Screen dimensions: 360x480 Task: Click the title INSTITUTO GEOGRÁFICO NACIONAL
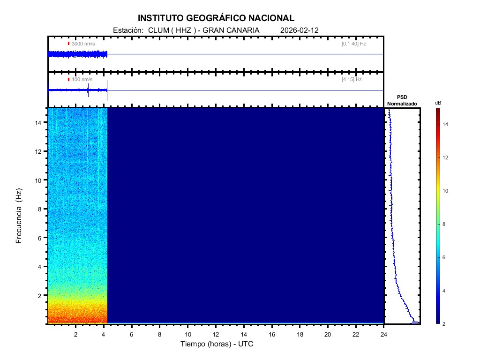(x=216, y=18)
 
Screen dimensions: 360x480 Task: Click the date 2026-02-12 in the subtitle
(x=299, y=30)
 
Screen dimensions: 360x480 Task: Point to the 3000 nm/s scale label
(x=83, y=44)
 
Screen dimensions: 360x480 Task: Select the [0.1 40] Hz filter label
(x=353, y=44)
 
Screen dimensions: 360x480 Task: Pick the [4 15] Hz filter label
(x=352, y=80)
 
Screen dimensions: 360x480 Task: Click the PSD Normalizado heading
(x=402, y=100)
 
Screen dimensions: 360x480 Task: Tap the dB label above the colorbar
(x=438, y=103)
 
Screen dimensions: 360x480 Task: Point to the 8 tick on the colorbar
(x=445, y=225)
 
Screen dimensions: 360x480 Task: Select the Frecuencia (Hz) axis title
(x=19, y=216)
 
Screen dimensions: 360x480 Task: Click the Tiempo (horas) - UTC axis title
(x=217, y=344)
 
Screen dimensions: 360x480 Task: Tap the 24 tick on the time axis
(x=384, y=334)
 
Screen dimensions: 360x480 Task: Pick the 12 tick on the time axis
(x=216, y=334)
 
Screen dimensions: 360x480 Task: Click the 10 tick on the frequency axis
(x=39, y=180)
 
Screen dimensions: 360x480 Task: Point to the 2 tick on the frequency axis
(x=41, y=295)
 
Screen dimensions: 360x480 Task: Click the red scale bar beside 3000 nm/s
(x=68, y=44)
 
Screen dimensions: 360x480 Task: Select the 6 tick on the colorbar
(x=445, y=258)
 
